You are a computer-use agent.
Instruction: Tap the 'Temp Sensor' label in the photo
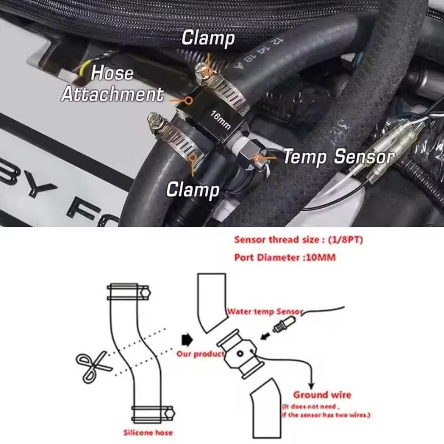click(339, 158)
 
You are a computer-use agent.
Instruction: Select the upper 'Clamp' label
click(208, 39)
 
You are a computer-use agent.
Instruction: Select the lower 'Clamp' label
click(193, 190)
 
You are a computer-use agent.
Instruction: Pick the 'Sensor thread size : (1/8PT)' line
click(294, 240)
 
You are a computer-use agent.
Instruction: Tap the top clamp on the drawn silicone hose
click(128, 290)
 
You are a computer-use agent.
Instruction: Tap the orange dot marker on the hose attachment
click(189, 100)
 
